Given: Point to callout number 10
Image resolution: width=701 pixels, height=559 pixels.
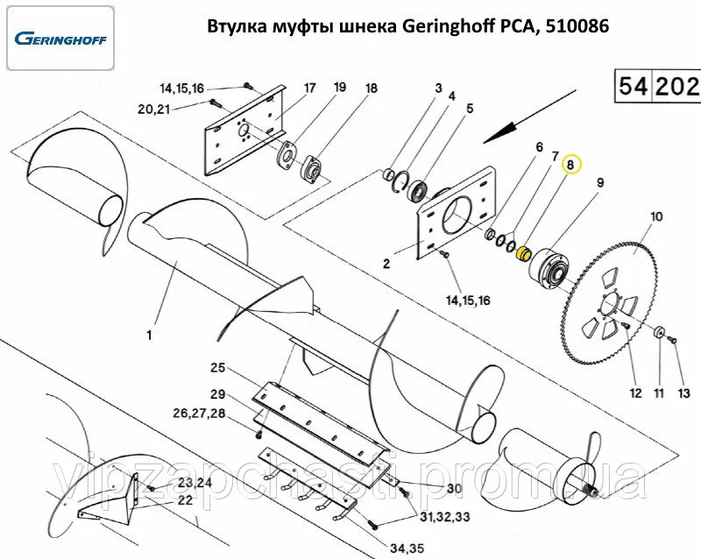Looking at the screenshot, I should click(656, 216).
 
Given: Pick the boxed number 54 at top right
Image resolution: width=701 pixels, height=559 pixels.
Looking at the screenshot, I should click(634, 86).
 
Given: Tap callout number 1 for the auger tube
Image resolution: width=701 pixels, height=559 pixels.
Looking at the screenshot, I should click(149, 335).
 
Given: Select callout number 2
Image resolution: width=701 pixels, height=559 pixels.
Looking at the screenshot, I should click(385, 261).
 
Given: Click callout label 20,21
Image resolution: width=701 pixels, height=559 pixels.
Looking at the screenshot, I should click(153, 109).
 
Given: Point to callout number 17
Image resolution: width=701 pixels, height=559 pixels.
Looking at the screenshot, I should click(309, 88).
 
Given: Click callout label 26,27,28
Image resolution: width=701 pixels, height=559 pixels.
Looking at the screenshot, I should click(199, 413).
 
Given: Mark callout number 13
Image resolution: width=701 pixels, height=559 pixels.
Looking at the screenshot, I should click(684, 392).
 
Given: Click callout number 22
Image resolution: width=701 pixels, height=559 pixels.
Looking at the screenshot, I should click(185, 500).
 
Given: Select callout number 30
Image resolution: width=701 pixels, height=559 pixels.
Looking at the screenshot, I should click(454, 489).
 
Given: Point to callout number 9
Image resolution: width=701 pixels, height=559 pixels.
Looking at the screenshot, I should click(600, 182).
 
